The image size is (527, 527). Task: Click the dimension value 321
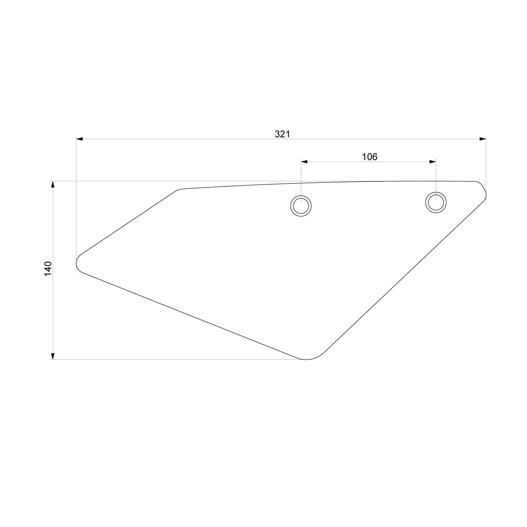[282, 134]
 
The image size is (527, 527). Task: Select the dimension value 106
[369, 157]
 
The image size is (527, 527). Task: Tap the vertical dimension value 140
[48, 268]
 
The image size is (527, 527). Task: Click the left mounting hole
[301, 205]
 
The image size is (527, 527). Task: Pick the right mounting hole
[436, 202]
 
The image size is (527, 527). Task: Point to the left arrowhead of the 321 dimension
[79, 139]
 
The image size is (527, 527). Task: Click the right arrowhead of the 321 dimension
[483, 139]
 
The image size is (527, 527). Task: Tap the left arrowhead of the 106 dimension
[304, 162]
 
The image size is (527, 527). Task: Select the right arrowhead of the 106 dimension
[433, 162]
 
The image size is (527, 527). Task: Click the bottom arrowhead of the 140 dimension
[53, 356]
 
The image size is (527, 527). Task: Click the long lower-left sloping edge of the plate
[193, 315]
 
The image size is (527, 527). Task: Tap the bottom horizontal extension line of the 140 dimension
[176, 360]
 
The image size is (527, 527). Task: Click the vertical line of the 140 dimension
[53, 307]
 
